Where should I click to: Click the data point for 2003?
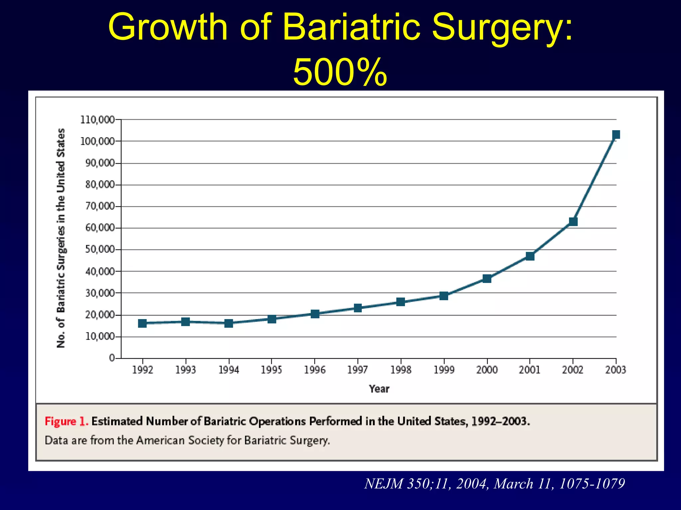(616, 134)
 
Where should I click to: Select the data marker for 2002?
(573, 221)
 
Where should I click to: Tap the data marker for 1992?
(142, 323)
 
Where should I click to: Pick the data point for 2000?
(487, 278)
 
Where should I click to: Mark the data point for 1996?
(315, 314)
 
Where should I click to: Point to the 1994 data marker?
(229, 323)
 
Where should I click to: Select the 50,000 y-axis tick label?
(99, 249)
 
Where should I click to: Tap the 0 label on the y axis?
(112, 358)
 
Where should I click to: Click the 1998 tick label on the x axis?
(401, 370)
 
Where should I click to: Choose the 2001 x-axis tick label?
(530, 370)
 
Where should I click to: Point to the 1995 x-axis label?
(271, 370)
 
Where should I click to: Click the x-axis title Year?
(379, 389)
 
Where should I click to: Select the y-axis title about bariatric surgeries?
(61, 238)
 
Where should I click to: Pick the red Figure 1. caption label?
(67, 421)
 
